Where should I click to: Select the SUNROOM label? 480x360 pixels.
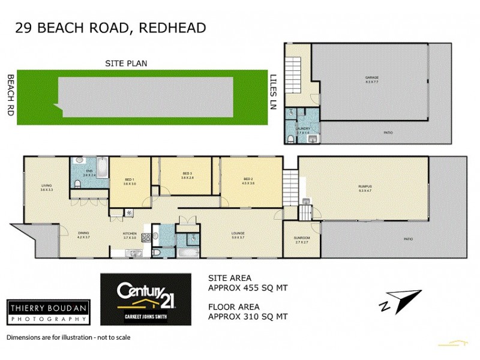(x=302, y=239)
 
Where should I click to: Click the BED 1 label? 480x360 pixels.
(x=130, y=181)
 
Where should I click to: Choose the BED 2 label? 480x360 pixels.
(x=249, y=181)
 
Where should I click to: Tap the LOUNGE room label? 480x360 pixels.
(x=238, y=235)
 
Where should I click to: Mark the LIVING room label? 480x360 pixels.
(x=47, y=187)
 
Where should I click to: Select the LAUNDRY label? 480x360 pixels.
(x=302, y=129)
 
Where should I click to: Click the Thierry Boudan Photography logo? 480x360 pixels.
(x=47, y=311)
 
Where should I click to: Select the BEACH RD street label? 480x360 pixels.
(x=10, y=94)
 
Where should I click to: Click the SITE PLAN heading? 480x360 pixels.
(x=126, y=63)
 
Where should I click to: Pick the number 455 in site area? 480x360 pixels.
(x=250, y=288)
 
